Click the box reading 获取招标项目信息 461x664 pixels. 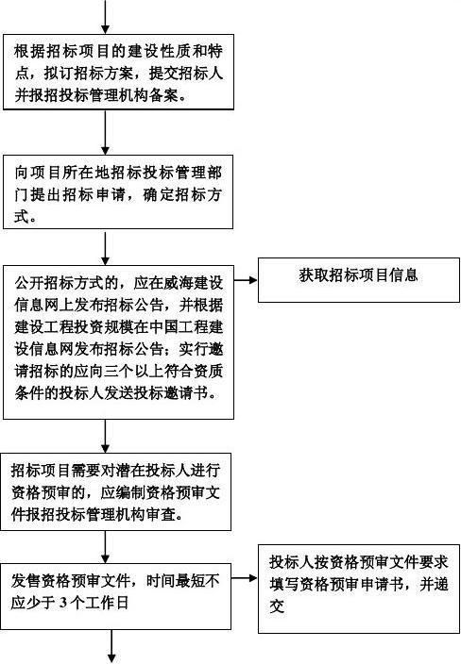pyautogui.click(x=359, y=280)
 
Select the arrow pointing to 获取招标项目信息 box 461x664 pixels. pyautogui.click(x=246, y=280)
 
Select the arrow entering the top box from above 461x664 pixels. pyautogui.click(x=105, y=17)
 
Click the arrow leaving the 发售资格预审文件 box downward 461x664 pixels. pyautogui.click(x=112, y=647)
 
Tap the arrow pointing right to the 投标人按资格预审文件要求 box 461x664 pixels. pyautogui.click(x=245, y=577)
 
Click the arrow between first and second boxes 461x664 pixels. pyautogui.click(x=105, y=133)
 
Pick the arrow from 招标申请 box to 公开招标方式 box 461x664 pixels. pyautogui.click(x=105, y=247)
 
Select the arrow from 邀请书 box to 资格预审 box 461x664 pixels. pyautogui.click(x=105, y=436)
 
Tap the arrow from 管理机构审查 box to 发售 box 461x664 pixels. pyautogui.click(x=105, y=547)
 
